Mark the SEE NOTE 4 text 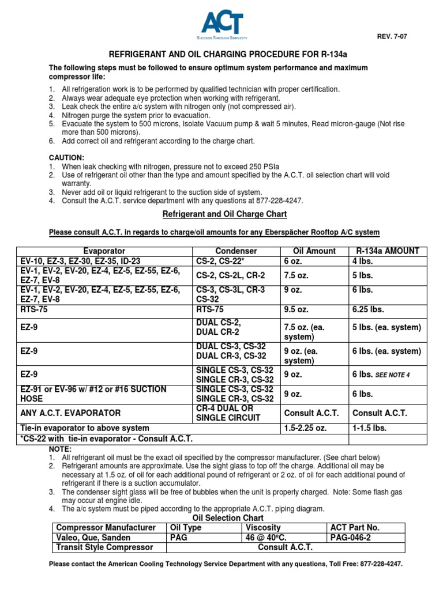click(x=392, y=375)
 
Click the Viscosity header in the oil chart click(x=263, y=527)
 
